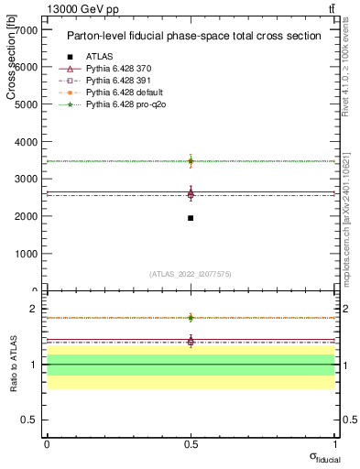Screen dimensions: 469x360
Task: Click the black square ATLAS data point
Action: click(x=191, y=218)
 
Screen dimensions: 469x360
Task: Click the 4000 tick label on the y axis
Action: click(x=26, y=142)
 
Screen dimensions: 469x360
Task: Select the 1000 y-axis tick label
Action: click(x=26, y=254)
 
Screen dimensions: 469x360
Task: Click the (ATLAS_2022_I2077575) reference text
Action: click(x=191, y=274)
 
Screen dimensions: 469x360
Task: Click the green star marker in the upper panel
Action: click(x=191, y=161)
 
